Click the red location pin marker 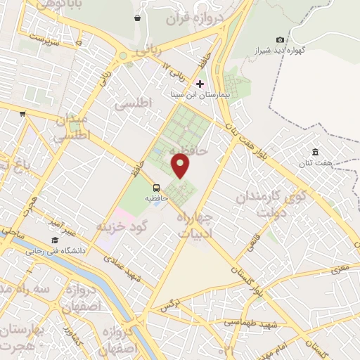181,165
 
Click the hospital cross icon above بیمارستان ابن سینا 200,83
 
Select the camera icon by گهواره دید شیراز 281,40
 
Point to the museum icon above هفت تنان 316,153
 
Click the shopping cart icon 22,114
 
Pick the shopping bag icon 136,17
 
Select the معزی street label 342,267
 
